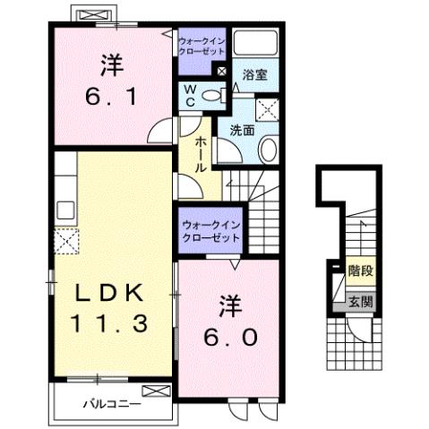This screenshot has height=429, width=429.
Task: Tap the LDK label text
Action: click(x=109, y=294)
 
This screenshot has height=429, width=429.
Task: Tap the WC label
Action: click(x=192, y=96)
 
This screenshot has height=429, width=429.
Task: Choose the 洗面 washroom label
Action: click(x=242, y=129)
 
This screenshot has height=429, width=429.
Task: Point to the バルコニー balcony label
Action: click(x=112, y=405)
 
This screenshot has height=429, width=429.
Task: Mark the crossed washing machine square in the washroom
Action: click(x=267, y=108)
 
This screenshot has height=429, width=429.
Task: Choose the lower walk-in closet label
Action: click(x=210, y=233)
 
